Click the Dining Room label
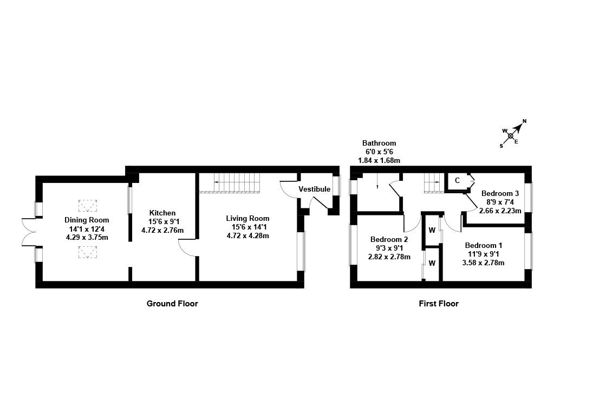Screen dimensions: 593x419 coord(87,220)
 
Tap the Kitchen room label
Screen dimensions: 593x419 coord(162,213)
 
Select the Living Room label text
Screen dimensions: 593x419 coord(247,218)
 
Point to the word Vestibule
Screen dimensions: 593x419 coord(314,189)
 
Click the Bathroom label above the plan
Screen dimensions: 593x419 coord(379,143)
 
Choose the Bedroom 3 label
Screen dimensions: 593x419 coord(500,193)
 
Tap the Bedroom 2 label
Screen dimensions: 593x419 coord(389,239)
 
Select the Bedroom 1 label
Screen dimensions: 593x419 coord(484,245)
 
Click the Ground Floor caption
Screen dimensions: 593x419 coord(172,304)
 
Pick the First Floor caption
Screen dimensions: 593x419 coord(439,304)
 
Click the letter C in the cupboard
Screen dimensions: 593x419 coord(457,180)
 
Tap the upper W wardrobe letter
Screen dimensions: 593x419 coord(432,230)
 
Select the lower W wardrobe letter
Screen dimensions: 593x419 coord(432,264)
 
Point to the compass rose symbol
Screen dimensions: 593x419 coord(511,135)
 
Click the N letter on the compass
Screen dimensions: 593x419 coord(524,121)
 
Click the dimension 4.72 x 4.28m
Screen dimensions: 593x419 coord(247,235)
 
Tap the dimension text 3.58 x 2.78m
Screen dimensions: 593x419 coord(484,263)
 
